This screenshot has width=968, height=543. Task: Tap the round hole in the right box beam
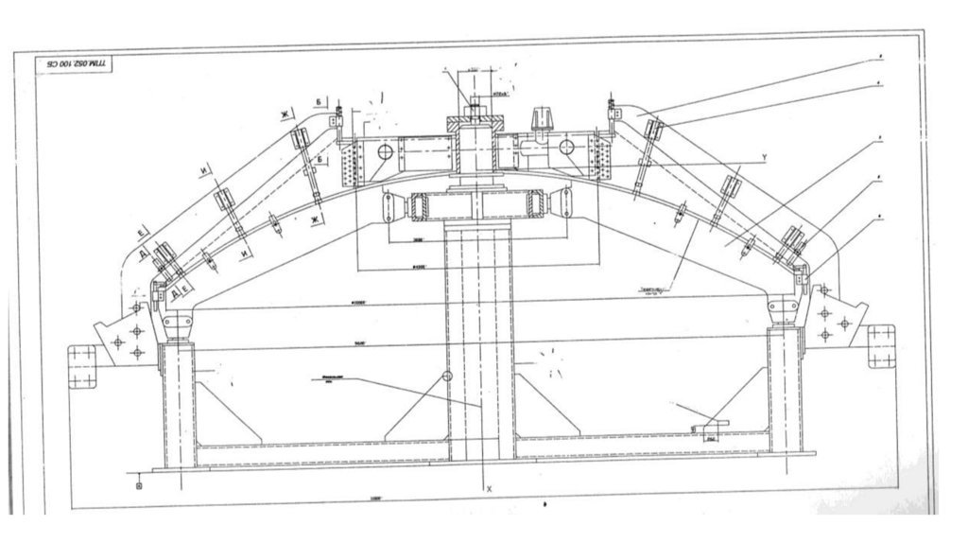point(567,149)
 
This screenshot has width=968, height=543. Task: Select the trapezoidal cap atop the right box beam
point(543,120)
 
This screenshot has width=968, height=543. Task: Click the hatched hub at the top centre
point(475,124)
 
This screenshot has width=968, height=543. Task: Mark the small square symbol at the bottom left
point(140,485)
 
